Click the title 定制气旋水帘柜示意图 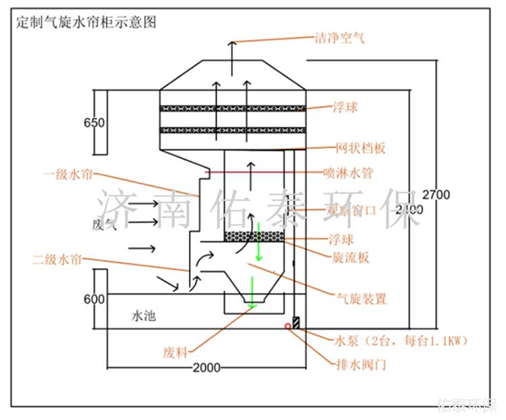[86, 22]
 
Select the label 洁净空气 [340, 38]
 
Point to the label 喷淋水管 [354, 174]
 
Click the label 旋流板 [351, 257]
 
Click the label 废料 [174, 352]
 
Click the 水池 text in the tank [144, 315]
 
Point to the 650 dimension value [94, 123]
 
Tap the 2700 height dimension [435, 194]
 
